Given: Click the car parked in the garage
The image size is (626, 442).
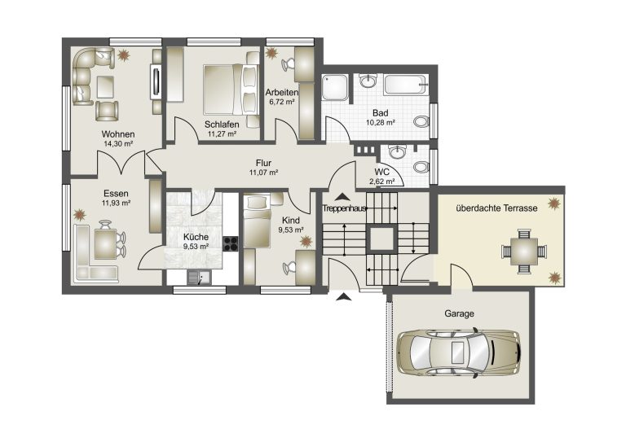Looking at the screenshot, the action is coord(459,352).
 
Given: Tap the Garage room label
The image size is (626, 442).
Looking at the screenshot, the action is coord(459,313).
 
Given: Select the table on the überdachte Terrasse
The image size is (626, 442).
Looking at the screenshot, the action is coord(524,251).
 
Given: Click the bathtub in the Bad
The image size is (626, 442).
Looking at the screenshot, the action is coord(406,84).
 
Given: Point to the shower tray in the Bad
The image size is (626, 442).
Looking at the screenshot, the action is coord(335,87).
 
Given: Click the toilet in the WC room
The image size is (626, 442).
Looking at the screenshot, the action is coord(421,167).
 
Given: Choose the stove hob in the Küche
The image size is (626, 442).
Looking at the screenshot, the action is coord(231,244).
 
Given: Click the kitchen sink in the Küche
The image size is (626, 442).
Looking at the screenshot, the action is coord(199,277).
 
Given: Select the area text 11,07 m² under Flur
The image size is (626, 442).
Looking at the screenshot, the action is coord(263,173).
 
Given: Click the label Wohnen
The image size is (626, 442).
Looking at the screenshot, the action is coord(117,134).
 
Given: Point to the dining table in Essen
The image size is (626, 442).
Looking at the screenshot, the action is coord(105,244).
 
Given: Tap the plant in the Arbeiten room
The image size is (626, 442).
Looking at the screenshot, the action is coord(272,53).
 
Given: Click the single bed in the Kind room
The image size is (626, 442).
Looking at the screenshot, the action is coord(257,221).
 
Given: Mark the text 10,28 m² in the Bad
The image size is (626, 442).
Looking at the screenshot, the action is coord(381,122).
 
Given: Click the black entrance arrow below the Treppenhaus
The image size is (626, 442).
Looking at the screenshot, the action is coord(343,296).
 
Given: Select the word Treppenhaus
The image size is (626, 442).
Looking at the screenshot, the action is coord(344,208).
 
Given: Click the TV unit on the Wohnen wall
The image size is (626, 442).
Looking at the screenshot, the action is coord(156,81).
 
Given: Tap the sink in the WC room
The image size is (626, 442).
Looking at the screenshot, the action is coord(396,152).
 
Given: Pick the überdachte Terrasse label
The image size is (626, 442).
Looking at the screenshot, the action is coord(496,208).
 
